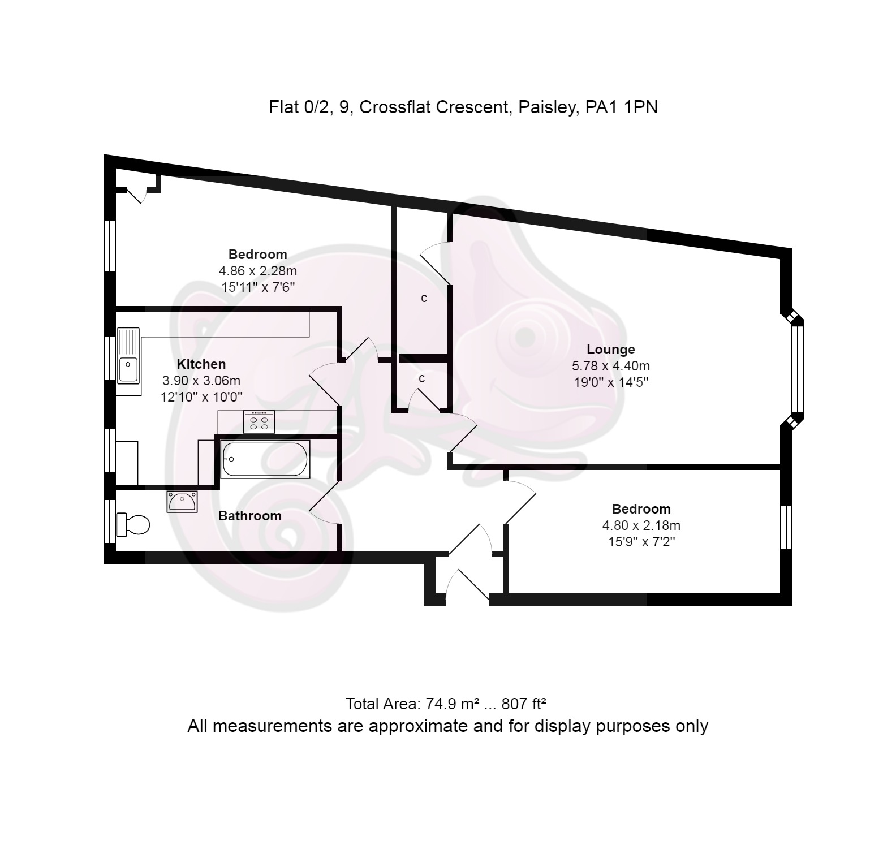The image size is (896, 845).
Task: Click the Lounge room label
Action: point(610,350)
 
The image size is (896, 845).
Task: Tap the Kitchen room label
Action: point(201,364)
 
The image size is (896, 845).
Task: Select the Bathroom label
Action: point(249,516)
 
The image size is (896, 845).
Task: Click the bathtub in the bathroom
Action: point(265,459)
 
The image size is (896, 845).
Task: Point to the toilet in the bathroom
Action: point(132,525)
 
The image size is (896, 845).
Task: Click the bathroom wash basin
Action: point(182,502)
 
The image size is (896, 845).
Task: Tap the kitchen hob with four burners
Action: point(259,422)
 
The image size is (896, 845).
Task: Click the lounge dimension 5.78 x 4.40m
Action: point(611,366)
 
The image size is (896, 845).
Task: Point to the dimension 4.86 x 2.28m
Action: point(258,271)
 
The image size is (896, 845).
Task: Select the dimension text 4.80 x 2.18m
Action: point(641,525)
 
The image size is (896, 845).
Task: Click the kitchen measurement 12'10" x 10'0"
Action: point(201,397)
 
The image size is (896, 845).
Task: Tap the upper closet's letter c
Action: point(424,298)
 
